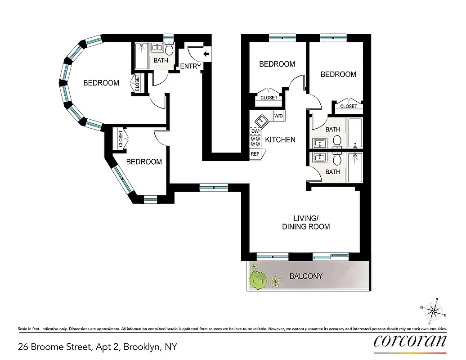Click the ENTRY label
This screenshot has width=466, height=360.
190,67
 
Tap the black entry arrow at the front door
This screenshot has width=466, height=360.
206,54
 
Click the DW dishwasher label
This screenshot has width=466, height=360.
255,131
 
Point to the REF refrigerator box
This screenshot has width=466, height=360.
255,154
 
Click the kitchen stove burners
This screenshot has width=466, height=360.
255,141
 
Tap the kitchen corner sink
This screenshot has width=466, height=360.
260,120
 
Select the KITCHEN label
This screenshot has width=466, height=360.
280,140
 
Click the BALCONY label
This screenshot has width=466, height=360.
306,276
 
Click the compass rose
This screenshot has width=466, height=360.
434,310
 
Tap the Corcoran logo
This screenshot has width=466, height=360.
410,341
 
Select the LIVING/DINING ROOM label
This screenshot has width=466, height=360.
306,222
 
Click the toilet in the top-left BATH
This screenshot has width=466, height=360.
169,49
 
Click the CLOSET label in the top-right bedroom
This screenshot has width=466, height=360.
349,106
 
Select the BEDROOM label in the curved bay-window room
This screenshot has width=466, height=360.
101,83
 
